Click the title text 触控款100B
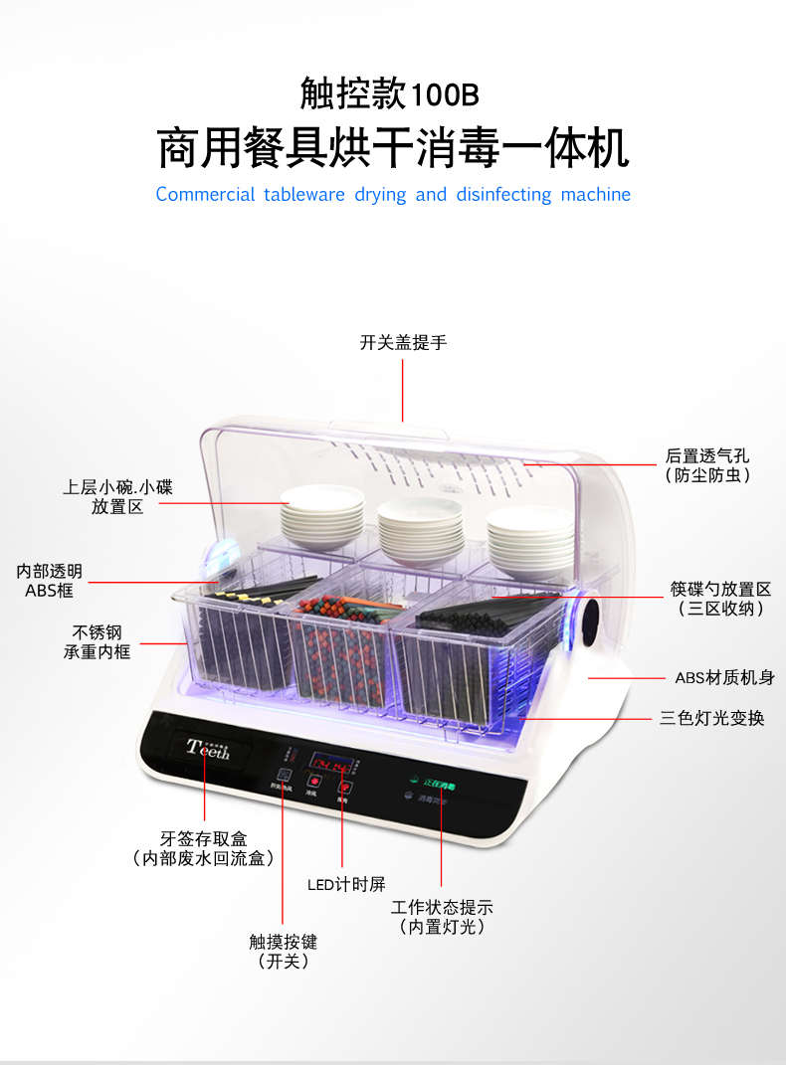(x=389, y=94)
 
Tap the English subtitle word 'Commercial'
(x=205, y=195)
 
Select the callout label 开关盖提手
(x=403, y=343)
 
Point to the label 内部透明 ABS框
(x=50, y=581)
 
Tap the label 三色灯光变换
(x=711, y=718)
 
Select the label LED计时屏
(x=345, y=884)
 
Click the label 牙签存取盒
(x=203, y=837)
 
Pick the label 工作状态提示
(x=442, y=907)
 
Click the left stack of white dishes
(x=321, y=511)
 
